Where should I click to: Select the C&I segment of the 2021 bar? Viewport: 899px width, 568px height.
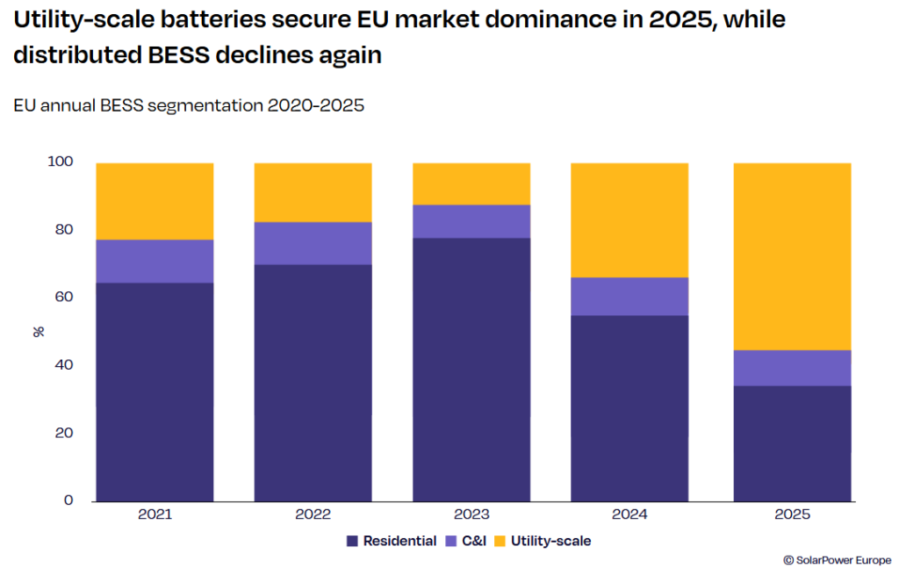[155, 261]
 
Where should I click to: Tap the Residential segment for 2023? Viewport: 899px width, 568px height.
[471, 369]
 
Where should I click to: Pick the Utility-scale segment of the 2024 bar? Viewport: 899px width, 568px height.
[629, 219]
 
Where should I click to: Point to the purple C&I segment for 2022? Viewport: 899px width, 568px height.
[313, 243]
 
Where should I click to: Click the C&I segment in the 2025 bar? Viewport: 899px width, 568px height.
[792, 368]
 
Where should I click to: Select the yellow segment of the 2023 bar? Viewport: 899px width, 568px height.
[471, 183]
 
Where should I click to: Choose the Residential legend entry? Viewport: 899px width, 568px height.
[392, 541]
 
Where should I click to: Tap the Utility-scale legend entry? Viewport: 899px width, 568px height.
[542, 541]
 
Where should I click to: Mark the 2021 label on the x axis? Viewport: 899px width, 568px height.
[155, 514]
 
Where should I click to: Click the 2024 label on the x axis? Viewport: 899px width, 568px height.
[629, 514]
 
